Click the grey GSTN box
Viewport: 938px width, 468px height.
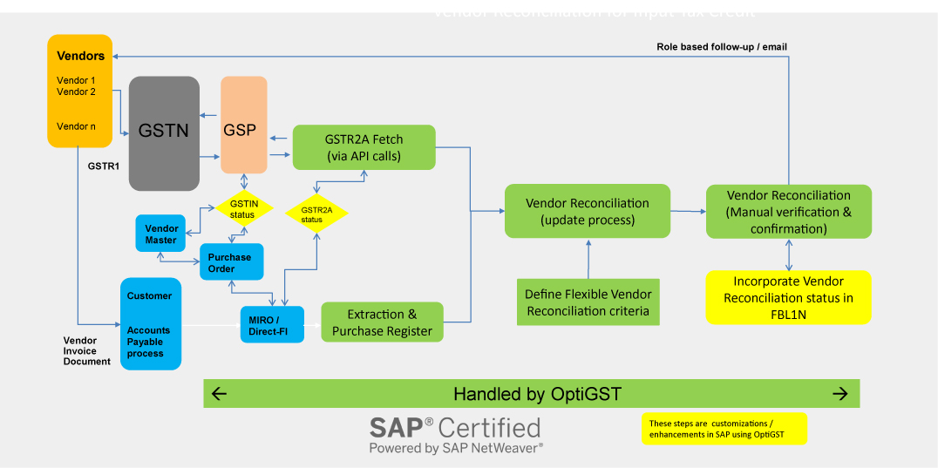point(164,133)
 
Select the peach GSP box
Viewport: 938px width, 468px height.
point(243,125)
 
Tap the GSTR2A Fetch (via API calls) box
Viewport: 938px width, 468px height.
point(364,146)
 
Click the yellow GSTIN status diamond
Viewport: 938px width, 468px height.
point(243,208)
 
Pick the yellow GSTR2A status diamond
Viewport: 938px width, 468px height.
point(316,214)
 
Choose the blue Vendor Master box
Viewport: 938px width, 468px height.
point(161,234)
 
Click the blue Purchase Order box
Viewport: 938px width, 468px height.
point(231,262)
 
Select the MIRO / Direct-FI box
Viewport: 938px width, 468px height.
point(272,324)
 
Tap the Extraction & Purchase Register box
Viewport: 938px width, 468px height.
point(382,322)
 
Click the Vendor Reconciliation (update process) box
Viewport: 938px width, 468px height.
point(587,211)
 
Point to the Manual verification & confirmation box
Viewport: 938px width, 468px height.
point(788,211)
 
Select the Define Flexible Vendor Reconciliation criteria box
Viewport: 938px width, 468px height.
point(588,302)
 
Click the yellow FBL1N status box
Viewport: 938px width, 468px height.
point(788,298)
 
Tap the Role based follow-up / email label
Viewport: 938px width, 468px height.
point(722,46)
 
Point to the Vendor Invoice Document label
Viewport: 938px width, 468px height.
point(87,350)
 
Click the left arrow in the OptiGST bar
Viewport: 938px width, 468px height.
point(220,394)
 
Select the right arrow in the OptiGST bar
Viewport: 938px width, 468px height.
point(840,394)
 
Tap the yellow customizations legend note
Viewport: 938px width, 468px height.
point(724,429)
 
